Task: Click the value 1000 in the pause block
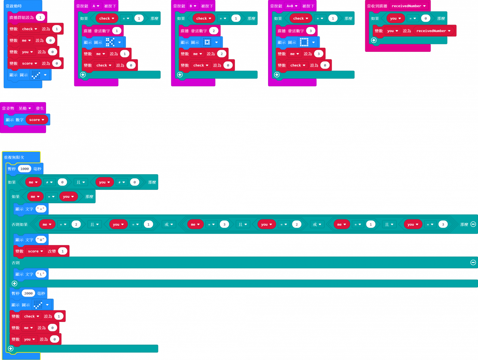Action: coord(25,169)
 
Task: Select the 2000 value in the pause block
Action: coord(28,294)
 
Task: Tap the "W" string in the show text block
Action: coord(41,240)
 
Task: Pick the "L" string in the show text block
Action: coord(41,274)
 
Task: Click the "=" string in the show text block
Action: coord(41,209)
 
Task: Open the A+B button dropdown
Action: coord(292,6)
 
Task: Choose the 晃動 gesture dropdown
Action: coord(25,109)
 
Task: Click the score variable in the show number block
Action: coord(37,120)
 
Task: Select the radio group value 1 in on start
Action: coord(40,18)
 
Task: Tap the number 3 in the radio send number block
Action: coord(311,31)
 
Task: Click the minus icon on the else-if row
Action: coord(473,224)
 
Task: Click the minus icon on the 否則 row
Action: coord(473,263)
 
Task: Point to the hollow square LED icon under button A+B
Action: coord(304,42)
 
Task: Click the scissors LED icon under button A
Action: coord(110,42)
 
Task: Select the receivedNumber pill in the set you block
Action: coord(433,31)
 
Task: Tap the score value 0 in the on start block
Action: coord(57,63)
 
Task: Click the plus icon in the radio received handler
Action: coord(374,40)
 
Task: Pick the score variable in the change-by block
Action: coord(35,251)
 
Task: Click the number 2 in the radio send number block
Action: coord(214,31)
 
